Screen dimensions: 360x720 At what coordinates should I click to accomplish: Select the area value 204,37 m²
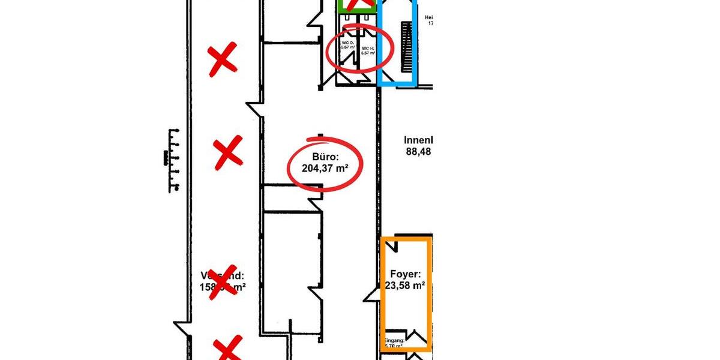325,169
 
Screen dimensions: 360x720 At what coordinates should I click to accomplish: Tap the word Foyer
404,274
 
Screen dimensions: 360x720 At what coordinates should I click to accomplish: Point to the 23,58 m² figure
404,286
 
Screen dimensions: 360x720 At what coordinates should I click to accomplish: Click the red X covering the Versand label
221,281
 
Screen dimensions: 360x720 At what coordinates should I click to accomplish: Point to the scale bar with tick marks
172,160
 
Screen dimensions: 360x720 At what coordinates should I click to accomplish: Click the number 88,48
419,152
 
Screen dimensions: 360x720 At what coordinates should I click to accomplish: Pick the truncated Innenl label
418,140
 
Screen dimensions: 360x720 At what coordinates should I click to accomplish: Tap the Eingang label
395,341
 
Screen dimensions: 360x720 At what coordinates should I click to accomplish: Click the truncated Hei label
428,18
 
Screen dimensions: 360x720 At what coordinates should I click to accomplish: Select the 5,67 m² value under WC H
367,52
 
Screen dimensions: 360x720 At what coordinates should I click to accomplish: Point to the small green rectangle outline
357,6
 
